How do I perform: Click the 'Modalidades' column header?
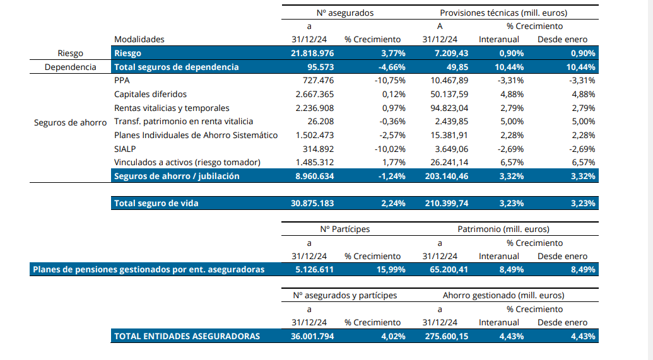coord(139,39)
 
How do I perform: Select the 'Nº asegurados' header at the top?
coord(345,13)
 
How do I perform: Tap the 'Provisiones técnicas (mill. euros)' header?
coord(503,13)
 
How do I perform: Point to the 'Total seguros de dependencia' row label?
coord(177,67)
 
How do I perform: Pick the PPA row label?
coord(122,81)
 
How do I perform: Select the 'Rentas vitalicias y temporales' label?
coord(172,108)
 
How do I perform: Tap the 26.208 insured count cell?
coord(320,122)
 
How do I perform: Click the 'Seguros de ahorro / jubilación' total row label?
coord(177,176)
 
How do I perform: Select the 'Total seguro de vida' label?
coord(156,204)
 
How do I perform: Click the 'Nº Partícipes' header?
coord(345,229)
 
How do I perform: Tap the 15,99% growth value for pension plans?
coord(389,270)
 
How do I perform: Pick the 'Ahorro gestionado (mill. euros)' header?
coord(503,295)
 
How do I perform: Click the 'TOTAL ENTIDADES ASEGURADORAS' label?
coord(187,336)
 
